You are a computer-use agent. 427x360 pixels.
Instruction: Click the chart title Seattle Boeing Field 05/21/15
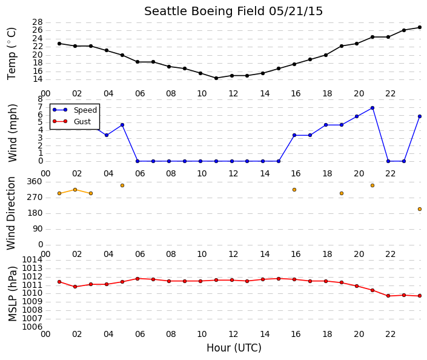coord(233,12)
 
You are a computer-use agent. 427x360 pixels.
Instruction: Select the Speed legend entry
coord(74,110)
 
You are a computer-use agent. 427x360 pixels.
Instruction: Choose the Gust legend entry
coord(71,121)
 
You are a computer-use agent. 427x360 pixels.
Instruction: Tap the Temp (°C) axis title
coord(12,54)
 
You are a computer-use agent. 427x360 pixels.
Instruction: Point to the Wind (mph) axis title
coord(12,133)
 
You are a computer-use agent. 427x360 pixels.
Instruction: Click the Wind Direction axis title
coord(11,213)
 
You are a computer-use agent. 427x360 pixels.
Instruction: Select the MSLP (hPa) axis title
coord(12,294)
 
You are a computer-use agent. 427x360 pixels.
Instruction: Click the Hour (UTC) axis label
coord(234,348)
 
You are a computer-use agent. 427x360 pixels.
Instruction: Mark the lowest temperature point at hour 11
coord(216,78)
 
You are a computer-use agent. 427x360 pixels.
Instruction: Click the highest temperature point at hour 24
coord(420,27)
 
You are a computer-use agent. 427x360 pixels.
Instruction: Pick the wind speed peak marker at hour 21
coord(372,108)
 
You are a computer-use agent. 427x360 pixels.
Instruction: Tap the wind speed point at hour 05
coord(122,125)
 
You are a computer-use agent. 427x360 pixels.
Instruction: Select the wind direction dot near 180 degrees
coord(420,209)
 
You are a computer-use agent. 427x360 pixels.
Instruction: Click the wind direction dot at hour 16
coord(294,190)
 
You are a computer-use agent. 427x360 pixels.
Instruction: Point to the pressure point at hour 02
coord(75,287)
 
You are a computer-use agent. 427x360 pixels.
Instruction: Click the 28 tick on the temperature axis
coord(38,22)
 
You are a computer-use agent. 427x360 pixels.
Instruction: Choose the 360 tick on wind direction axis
coord(35,181)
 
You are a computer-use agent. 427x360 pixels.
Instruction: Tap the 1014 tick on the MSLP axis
coord(33,260)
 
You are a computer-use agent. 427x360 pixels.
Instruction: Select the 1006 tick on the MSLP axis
coord(33,327)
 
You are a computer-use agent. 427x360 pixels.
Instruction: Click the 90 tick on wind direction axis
coord(38,228)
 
